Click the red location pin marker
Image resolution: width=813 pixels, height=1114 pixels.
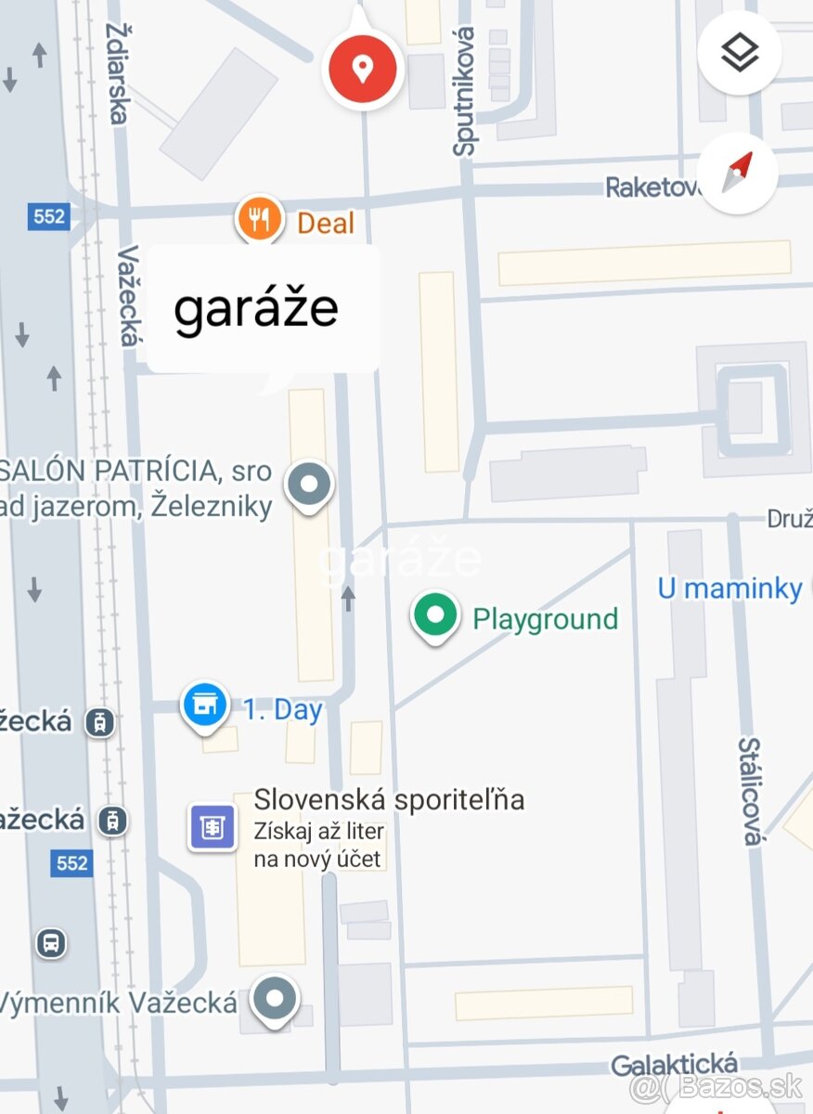362,68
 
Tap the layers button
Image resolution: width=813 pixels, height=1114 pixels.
740,54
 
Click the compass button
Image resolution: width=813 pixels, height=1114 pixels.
740,174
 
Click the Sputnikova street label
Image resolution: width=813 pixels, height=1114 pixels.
465,91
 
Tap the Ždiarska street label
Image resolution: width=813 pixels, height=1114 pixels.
118,73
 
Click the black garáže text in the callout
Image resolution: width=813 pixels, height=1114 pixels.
256,308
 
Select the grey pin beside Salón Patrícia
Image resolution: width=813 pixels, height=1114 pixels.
308,485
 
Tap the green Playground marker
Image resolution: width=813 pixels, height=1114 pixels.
435,615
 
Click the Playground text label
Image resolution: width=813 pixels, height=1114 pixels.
545,618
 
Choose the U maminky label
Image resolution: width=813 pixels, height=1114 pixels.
729,588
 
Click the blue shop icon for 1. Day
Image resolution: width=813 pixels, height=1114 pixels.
206,706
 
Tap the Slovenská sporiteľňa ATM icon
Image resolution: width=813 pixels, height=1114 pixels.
213,826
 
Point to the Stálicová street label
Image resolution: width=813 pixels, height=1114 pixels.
750,791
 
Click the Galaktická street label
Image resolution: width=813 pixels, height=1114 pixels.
675,1065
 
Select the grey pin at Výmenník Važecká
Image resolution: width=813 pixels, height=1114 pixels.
276,999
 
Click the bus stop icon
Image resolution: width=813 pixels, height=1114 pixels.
51,943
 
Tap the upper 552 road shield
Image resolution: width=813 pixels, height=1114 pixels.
48,216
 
